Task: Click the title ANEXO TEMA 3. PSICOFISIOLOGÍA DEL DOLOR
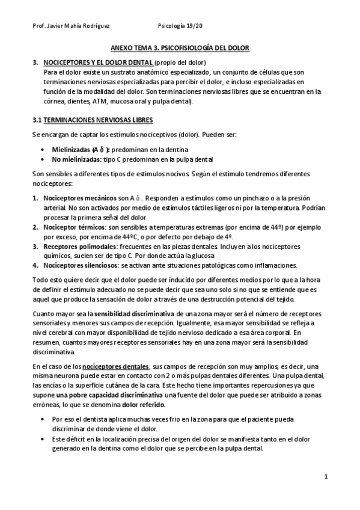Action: click(180, 48)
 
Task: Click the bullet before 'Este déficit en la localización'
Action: click(41, 439)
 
